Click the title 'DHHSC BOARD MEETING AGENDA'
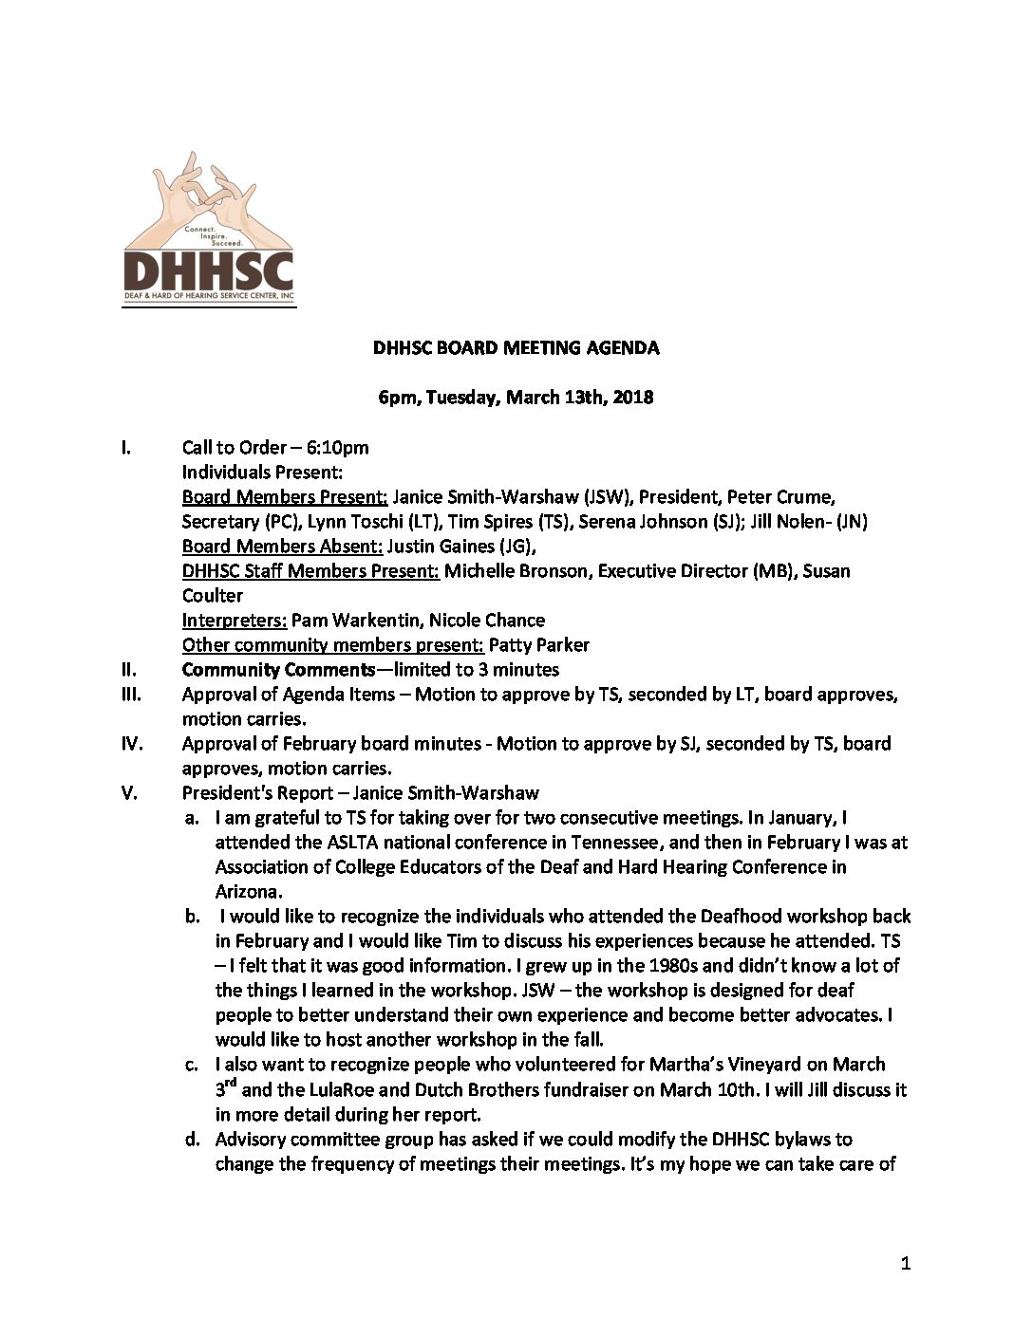[x=516, y=347]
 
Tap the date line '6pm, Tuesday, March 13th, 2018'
[x=516, y=397]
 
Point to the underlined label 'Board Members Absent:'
[x=281, y=547]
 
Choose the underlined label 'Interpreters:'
[x=234, y=621]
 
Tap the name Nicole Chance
[x=487, y=621]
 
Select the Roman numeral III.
[x=131, y=695]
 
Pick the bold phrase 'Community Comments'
[x=278, y=670]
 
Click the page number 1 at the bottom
[x=905, y=1263]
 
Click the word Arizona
[x=247, y=892]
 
